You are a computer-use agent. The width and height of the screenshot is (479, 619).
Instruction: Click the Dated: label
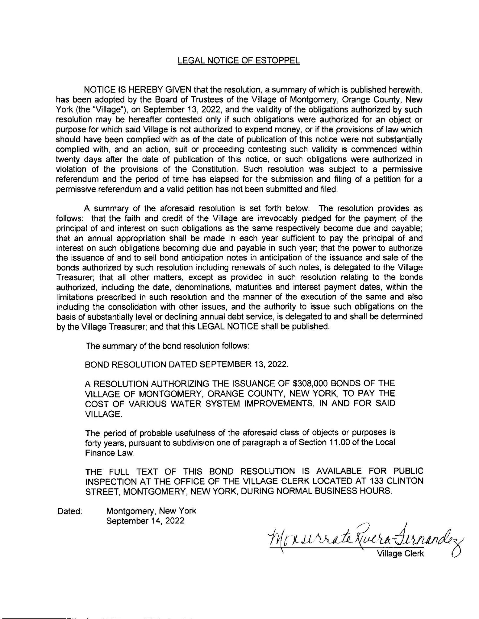tap(69, 511)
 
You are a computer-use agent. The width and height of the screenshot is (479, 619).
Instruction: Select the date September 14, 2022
tap(145, 521)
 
